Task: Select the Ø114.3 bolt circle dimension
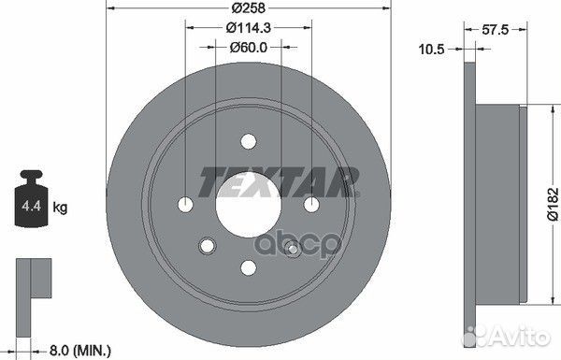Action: click(248, 29)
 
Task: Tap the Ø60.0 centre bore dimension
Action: click(248, 47)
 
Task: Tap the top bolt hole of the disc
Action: click(248, 141)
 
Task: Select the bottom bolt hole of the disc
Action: click(248, 267)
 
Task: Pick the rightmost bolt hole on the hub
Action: click(310, 204)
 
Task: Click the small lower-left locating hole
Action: click(204, 248)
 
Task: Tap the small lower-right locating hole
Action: click(292, 248)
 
